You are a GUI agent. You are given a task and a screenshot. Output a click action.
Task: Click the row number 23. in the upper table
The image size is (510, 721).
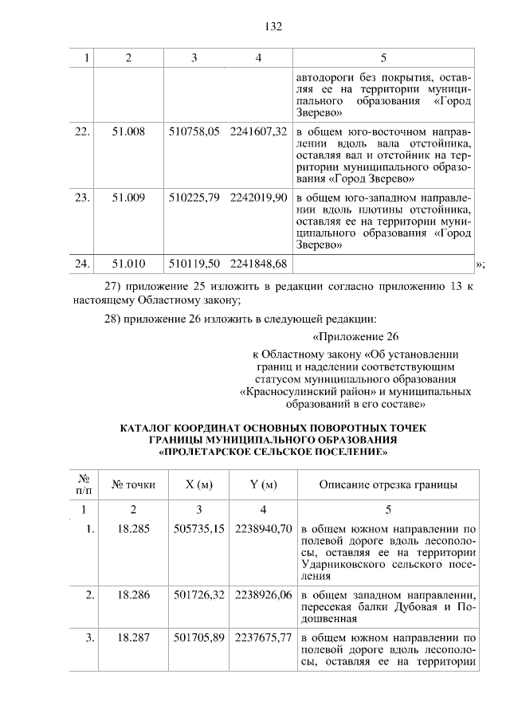click(81, 197)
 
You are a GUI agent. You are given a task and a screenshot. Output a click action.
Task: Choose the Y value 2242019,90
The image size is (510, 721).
click(258, 197)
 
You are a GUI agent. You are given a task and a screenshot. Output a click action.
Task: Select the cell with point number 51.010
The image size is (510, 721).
click(128, 263)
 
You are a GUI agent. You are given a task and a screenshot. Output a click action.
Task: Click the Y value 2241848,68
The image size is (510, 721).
click(258, 263)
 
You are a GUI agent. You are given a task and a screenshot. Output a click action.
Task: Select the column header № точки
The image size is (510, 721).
click(133, 484)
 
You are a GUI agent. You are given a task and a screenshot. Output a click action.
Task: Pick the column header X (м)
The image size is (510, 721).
click(198, 484)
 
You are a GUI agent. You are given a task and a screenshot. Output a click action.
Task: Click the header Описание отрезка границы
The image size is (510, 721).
click(387, 484)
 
